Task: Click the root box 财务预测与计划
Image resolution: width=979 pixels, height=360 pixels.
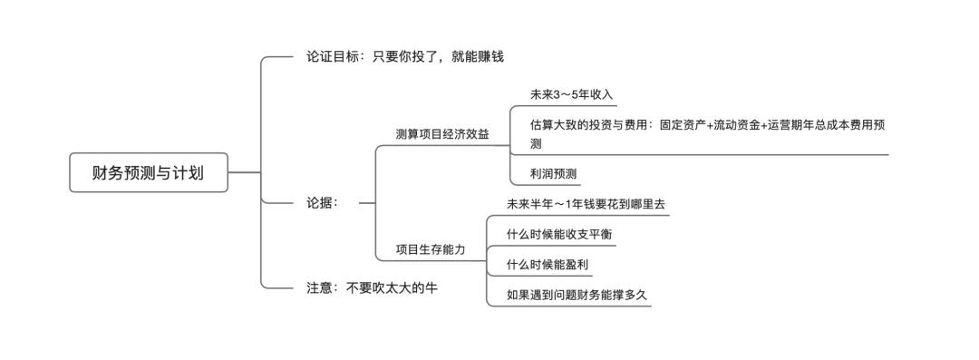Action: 148,172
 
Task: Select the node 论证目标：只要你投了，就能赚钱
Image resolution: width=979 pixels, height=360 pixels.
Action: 404,56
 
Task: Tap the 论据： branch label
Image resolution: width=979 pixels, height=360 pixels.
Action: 322,202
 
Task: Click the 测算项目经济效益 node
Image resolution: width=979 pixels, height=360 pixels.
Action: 441,134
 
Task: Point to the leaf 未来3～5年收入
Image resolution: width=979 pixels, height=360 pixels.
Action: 572,94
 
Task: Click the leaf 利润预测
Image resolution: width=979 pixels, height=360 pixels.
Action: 553,173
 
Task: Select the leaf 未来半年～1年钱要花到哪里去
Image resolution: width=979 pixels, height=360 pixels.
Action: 586,204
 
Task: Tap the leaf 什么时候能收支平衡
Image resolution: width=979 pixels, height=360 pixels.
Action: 558,234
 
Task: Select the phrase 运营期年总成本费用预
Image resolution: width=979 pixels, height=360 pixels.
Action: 826,125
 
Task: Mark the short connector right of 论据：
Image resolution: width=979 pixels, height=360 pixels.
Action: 367,203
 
